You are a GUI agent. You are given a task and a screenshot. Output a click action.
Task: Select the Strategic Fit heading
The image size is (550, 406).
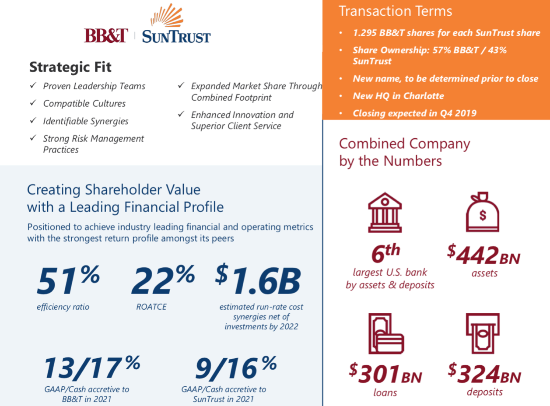(x=70, y=67)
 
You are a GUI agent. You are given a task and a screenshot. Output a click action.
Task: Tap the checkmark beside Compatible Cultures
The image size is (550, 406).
(x=33, y=103)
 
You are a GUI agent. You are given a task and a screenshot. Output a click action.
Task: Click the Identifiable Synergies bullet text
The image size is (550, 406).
(x=85, y=121)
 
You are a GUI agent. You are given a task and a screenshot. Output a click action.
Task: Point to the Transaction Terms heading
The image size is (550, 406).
(x=395, y=11)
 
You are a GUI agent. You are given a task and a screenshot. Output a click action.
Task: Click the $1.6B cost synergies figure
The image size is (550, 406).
(x=258, y=280)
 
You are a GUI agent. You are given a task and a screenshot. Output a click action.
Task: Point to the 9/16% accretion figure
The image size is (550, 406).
(x=236, y=367)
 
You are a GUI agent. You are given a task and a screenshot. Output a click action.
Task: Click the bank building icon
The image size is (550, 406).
(x=385, y=213)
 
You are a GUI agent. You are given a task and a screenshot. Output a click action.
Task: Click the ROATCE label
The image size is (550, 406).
(x=151, y=307)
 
